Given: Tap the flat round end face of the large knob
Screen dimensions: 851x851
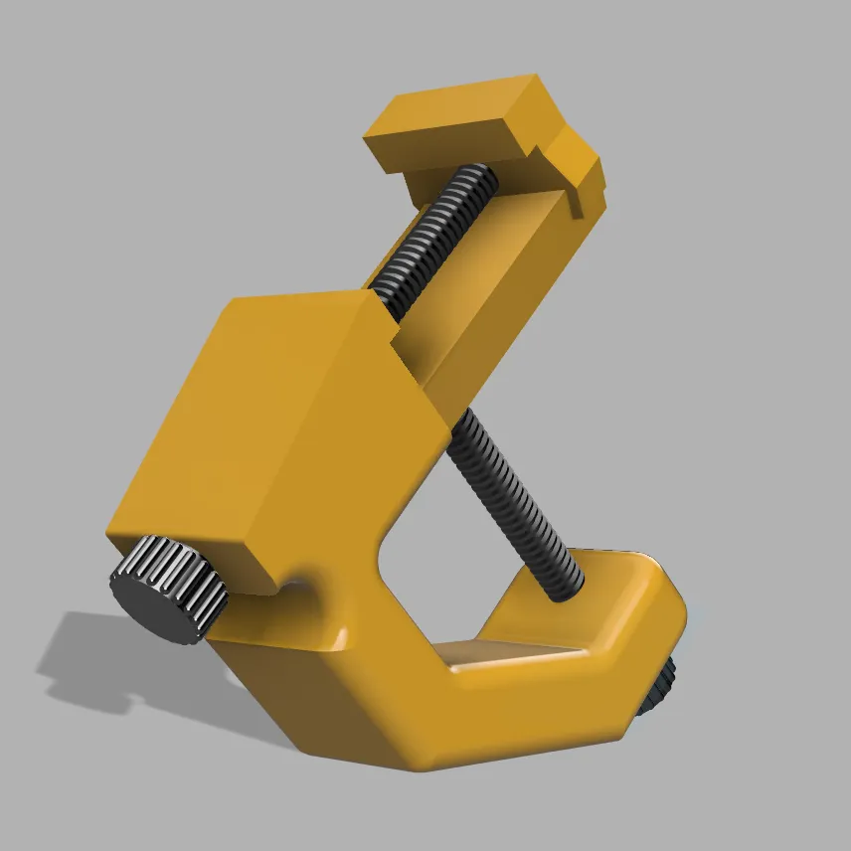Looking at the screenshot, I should pyautogui.click(x=149, y=606).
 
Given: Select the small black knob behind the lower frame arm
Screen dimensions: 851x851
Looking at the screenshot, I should pyautogui.click(x=657, y=687).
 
